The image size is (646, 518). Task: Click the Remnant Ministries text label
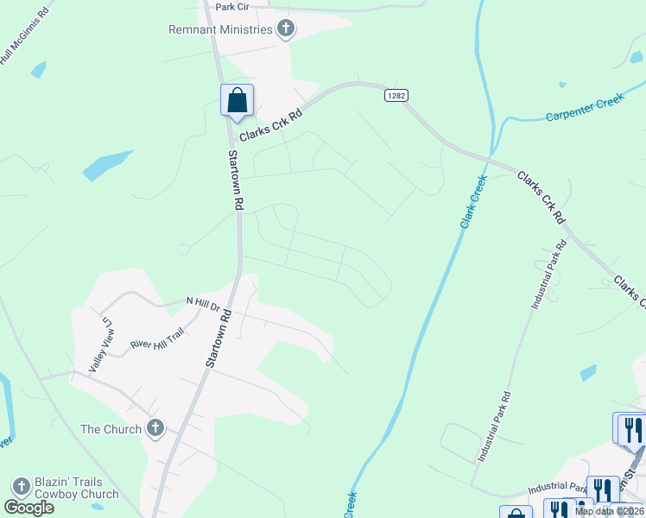pyautogui.click(x=221, y=29)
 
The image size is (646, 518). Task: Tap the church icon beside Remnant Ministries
pyautogui.click(x=286, y=29)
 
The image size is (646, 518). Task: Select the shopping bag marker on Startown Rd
pyautogui.click(x=237, y=100)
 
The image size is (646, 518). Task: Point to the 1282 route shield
pyautogui.click(x=396, y=96)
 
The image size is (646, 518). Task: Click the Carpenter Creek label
pyautogui.click(x=585, y=108)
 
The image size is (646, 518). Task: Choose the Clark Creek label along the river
pyautogui.click(x=473, y=201)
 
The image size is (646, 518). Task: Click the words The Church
pyautogui.click(x=111, y=429)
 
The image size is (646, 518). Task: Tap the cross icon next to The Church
pyautogui.click(x=155, y=428)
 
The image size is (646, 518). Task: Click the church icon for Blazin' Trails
pyautogui.click(x=21, y=487)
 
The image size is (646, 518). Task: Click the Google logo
pyautogui.click(x=28, y=508)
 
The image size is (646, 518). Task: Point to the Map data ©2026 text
pyautogui.click(x=609, y=511)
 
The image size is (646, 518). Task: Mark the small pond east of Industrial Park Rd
pyautogui.click(x=588, y=372)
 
